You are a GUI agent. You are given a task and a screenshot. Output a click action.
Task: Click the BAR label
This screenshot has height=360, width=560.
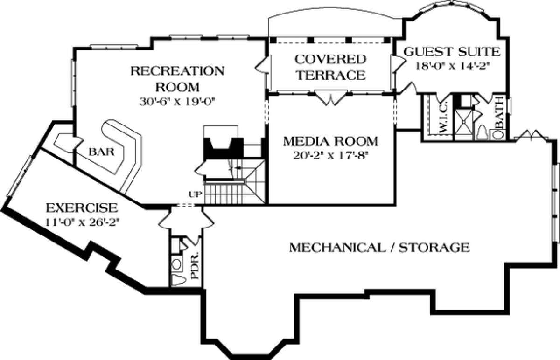point(101,152)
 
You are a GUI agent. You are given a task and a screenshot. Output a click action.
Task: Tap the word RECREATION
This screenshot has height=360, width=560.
point(177,71)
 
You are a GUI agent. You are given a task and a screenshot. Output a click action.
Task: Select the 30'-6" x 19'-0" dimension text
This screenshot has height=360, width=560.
point(177,102)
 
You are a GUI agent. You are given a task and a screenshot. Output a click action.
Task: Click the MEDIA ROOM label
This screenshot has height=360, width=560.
point(330,141)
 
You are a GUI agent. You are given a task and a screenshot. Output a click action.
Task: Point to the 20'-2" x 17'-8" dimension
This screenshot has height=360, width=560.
point(331,156)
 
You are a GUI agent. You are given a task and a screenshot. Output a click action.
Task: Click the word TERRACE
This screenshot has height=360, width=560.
point(330,75)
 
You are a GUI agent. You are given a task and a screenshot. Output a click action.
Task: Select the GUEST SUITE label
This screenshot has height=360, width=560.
point(452,52)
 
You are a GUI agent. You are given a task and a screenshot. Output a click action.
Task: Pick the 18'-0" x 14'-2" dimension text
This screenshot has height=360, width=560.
point(452,66)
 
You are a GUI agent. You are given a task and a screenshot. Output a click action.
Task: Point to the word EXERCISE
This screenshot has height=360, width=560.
point(82,208)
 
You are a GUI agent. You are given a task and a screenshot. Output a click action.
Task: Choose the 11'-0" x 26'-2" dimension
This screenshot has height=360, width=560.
point(82,222)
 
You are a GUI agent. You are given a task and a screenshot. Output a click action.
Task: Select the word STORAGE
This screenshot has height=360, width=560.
point(434,248)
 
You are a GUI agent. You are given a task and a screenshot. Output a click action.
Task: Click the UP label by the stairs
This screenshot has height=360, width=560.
point(195,194)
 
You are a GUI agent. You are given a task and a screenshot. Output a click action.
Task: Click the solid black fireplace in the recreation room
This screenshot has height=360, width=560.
point(224,148)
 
